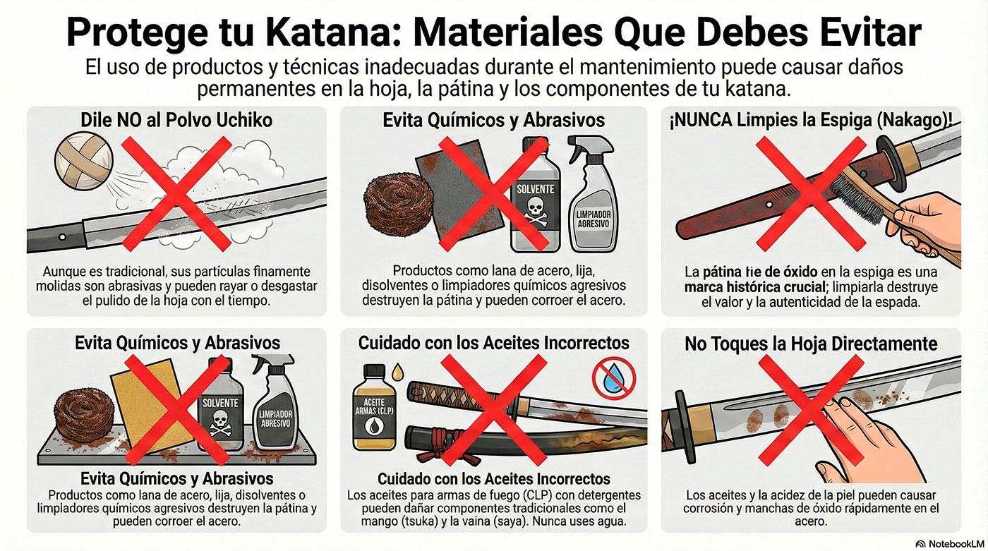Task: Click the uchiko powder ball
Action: click(x=84, y=162)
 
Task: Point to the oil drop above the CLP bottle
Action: click(x=398, y=371)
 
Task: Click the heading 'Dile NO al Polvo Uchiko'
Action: click(x=176, y=120)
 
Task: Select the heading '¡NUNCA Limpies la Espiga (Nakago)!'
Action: click(x=811, y=121)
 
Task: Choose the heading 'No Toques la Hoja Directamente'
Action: click(x=811, y=344)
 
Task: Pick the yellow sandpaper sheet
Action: click(x=152, y=406)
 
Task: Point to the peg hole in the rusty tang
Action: click(x=769, y=205)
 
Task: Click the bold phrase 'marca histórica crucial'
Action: click(x=755, y=287)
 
